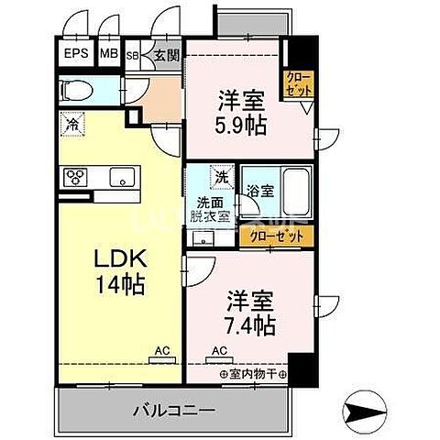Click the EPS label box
77,54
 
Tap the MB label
108,54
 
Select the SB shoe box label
132,55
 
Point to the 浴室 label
259,192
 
